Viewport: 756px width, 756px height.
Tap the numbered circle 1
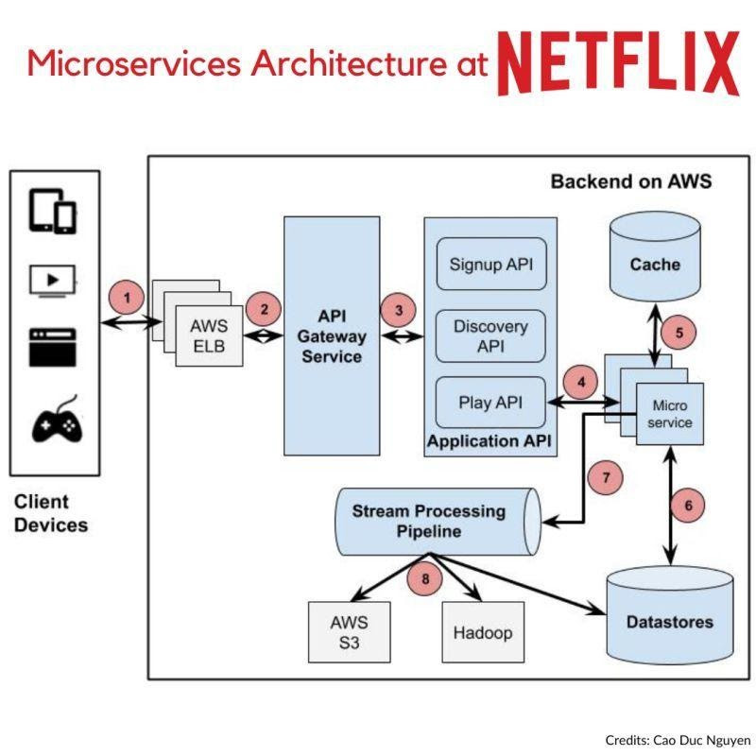click(x=128, y=298)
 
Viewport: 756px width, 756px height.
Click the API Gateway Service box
click(x=332, y=335)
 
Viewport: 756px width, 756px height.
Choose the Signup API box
click(x=490, y=264)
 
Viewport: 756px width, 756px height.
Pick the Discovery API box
click(x=490, y=335)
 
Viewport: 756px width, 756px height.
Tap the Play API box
click(x=490, y=403)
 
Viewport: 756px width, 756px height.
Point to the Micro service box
click(x=671, y=413)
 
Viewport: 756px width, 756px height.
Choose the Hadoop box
click(x=482, y=631)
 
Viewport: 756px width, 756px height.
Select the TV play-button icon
click(x=54, y=280)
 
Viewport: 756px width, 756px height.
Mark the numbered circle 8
click(x=425, y=578)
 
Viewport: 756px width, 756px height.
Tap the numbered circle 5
click(x=678, y=333)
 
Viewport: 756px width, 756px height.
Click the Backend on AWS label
click(x=630, y=181)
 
